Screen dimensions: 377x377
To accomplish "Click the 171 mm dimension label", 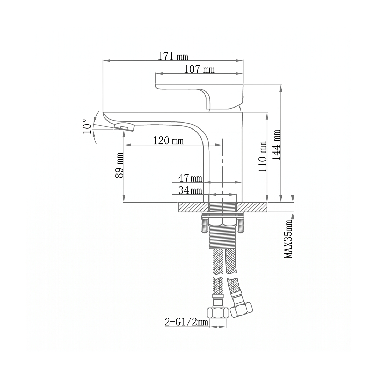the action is point(173,57).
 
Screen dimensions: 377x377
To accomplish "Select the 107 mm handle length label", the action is point(199,69).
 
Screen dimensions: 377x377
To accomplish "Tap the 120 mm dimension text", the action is point(168,141).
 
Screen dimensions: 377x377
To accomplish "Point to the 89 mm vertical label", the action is point(119,165).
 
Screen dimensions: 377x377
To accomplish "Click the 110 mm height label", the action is point(263,156).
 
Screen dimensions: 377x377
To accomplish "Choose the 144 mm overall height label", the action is point(276,145).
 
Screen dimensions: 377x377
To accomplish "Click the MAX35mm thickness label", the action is point(288,239).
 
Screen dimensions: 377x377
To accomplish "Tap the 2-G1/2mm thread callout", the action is point(186,322).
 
